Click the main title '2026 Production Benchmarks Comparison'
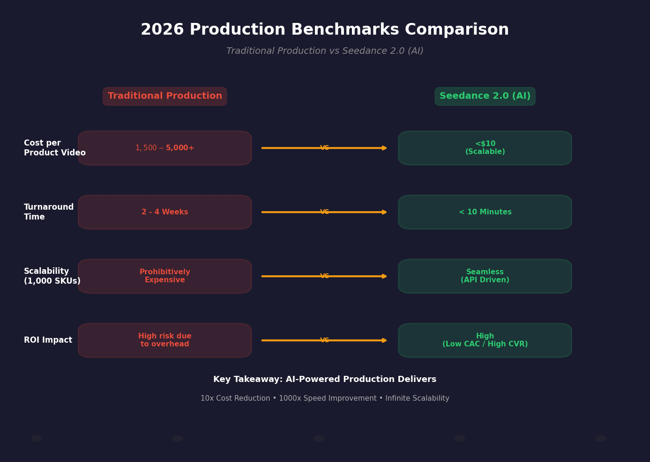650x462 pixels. [325, 30]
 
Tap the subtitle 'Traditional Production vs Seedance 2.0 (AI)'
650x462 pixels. [325, 51]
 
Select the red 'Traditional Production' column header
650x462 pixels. [165, 96]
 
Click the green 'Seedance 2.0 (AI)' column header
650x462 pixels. [485, 96]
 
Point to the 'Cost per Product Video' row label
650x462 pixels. [54, 148]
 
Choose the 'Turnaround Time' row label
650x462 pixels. [49, 212]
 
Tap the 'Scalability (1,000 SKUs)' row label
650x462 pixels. [52, 276]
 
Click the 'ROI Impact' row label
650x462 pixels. [48, 340]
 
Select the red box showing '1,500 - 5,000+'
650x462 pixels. [165, 148]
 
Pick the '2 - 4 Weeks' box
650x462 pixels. [165, 212]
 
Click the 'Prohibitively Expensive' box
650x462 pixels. [165, 276]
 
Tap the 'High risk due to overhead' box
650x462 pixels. [165, 340]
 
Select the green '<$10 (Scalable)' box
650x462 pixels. [485, 148]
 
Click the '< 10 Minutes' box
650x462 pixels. [485, 212]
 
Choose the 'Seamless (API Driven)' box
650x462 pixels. [485, 276]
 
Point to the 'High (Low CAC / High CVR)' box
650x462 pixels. [485, 340]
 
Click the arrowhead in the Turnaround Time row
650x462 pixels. [384, 212]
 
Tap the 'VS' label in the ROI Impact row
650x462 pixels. [324, 340]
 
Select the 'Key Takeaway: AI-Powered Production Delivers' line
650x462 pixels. [325, 380]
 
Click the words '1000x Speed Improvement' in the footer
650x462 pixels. [328, 398]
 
